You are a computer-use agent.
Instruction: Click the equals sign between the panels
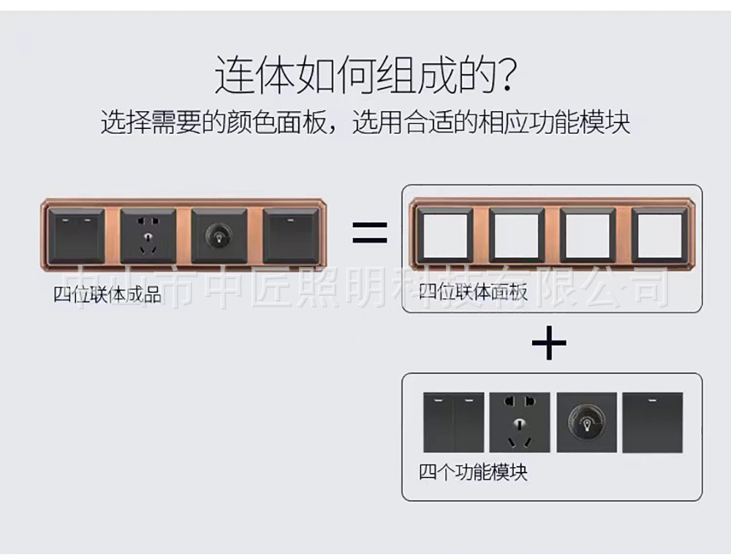pos(370,232)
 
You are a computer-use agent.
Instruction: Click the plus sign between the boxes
pos(549,343)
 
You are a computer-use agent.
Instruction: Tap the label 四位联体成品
pos(107,294)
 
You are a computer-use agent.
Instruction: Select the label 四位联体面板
pos(473,292)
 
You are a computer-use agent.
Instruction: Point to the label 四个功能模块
pos(473,472)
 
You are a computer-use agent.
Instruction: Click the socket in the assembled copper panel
pos(148,236)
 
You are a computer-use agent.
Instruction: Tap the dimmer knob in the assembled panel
pos(219,236)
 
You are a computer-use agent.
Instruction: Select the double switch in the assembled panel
pos(77,236)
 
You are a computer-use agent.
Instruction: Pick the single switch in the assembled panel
pos(292,236)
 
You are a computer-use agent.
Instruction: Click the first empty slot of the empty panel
pos(444,235)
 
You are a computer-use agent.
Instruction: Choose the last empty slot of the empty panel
pos(659,235)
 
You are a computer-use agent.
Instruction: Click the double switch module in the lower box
pos(453,422)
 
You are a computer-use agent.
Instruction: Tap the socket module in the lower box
pos(520,422)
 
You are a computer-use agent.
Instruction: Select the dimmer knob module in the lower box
pos(586,422)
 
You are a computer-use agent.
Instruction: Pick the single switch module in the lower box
pos(653,422)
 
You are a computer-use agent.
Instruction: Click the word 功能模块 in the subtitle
pos(580,122)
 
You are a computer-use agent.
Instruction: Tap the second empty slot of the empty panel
pos(517,235)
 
